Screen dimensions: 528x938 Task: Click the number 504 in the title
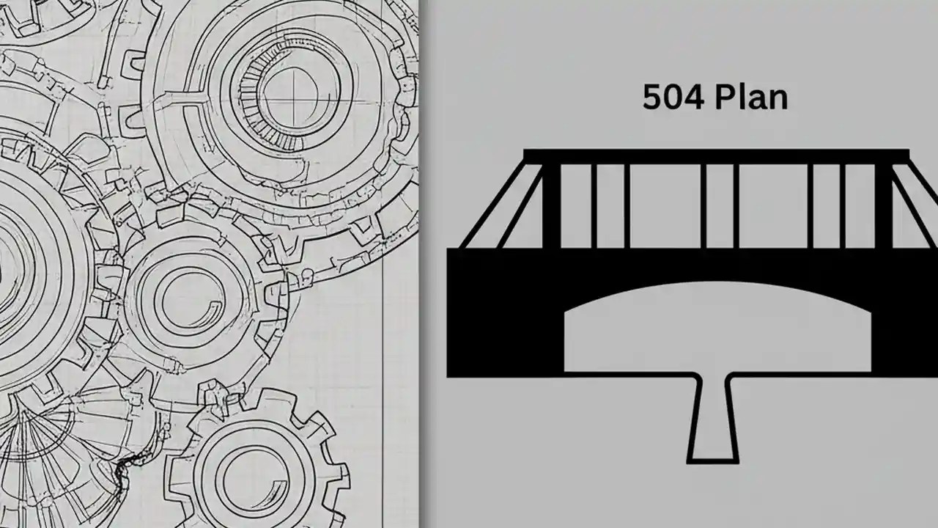pos(671,98)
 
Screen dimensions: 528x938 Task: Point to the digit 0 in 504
pos(671,98)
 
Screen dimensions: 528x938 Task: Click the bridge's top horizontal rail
pos(716,155)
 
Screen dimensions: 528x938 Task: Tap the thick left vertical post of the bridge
pos(551,205)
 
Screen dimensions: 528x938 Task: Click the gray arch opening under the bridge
pos(714,330)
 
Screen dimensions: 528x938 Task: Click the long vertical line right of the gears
pos(384,367)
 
